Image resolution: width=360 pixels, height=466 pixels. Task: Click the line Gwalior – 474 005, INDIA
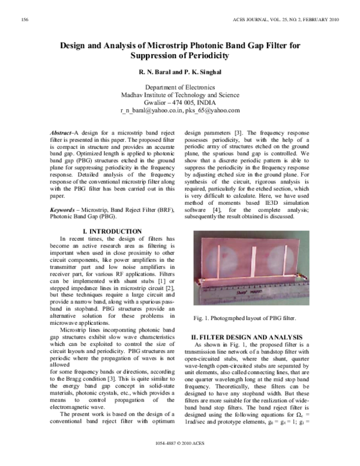180,103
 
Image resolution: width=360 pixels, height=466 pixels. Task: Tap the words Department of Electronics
180,88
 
